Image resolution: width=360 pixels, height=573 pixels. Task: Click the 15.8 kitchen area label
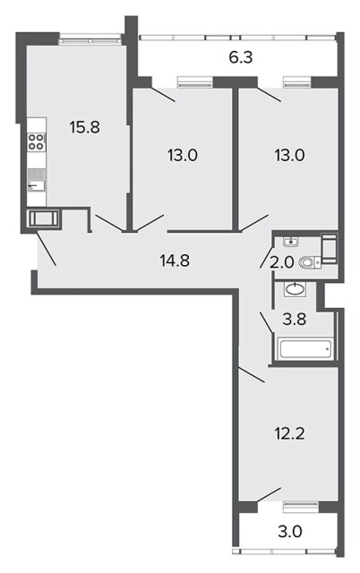point(84,128)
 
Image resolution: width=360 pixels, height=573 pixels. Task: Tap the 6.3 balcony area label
point(241,57)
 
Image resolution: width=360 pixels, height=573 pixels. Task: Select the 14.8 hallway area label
point(175,261)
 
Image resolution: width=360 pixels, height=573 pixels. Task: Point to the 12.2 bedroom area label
point(289,433)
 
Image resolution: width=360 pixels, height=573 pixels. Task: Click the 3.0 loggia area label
point(290,532)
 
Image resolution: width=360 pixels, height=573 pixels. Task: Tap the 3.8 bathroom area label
point(295,320)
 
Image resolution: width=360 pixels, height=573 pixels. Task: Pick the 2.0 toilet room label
point(282,262)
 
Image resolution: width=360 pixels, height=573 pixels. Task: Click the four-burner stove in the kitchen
point(37,141)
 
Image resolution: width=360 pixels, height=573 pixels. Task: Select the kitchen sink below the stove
point(37,180)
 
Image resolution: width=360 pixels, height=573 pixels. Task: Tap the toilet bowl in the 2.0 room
point(309,262)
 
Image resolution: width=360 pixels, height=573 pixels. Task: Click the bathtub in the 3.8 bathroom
point(306,348)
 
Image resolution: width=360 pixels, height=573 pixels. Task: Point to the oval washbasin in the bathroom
point(295,290)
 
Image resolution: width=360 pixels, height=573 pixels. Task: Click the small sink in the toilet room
point(291,242)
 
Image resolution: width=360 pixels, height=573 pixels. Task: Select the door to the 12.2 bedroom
point(252,374)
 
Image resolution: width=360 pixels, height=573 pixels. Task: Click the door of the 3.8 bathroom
point(266,322)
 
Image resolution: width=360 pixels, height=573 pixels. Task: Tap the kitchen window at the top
point(90,38)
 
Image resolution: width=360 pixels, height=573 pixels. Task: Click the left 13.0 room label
point(183,156)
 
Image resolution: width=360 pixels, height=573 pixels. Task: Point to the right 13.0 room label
point(289,156)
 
